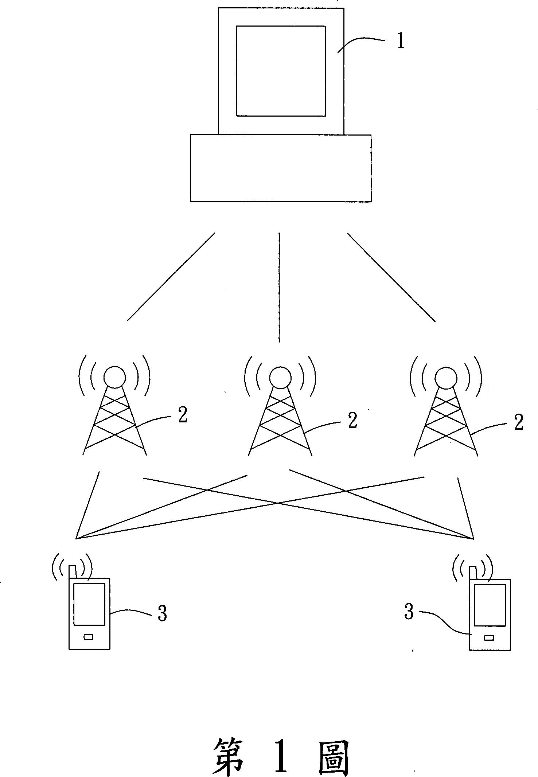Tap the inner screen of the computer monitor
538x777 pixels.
tap(281, 71)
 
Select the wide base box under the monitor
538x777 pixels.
tap(281, 168)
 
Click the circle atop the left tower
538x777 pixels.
tap(114, 376)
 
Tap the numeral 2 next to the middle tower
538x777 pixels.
tap(352, 421)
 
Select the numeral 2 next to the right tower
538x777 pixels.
tap(518, 423)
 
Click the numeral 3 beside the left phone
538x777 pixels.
tap(162, 613)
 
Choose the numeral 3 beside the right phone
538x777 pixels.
tap(409, 612)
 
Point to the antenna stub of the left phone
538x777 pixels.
tap(73, 571)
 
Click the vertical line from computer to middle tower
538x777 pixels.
tap(279, 288)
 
